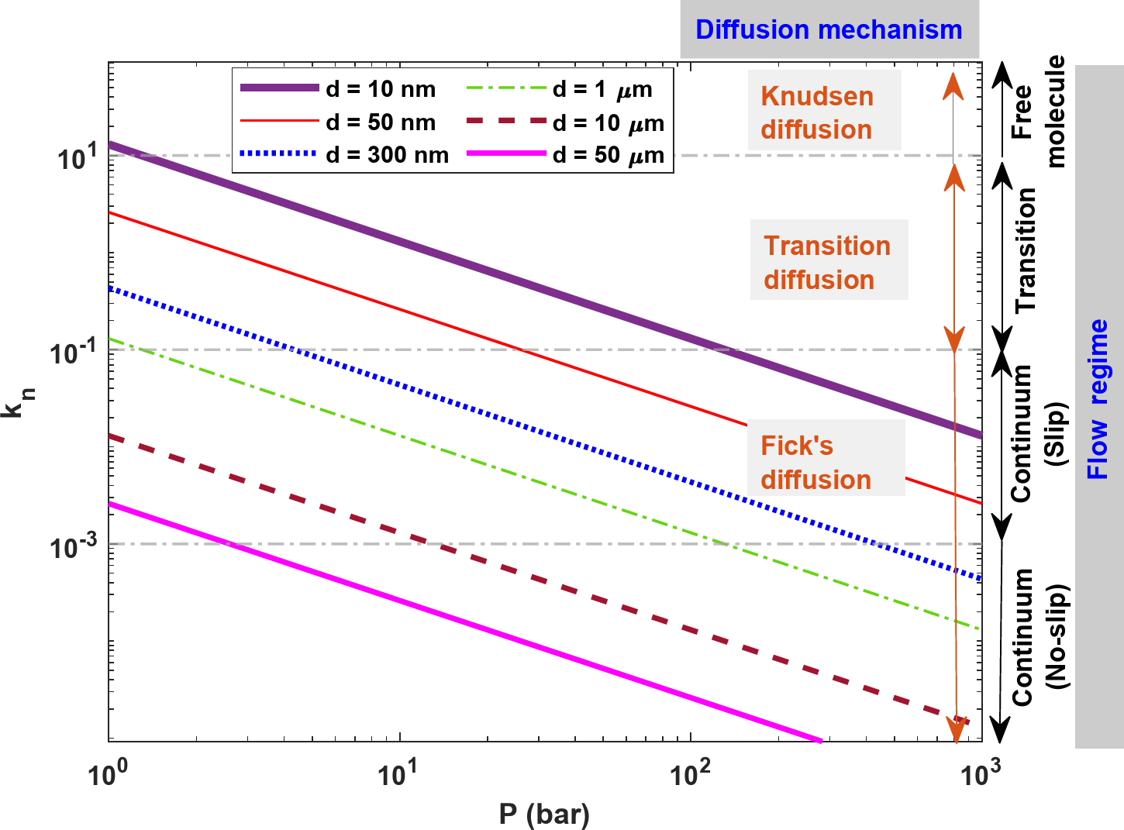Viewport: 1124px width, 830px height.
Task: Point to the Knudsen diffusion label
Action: coord(817,113)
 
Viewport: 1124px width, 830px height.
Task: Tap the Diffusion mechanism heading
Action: coord(829,30)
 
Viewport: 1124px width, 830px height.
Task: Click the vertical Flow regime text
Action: coord(1098,399)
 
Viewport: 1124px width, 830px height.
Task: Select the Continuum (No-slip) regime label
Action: coord(1039,637)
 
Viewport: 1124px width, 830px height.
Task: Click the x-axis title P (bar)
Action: coord(544,814)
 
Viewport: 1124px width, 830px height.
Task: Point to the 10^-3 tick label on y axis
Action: coord(74,547)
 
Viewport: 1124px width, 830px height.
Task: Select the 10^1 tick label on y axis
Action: coord(78,158)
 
